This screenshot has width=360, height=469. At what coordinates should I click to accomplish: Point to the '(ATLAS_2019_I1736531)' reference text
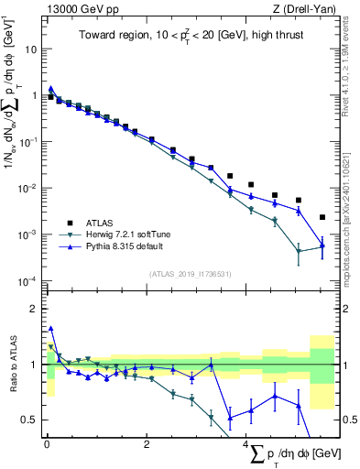(x=191, y=274)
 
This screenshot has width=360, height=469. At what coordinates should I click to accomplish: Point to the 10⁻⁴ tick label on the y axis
(x=27, y=281)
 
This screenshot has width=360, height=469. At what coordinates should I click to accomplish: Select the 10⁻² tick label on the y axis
(x=27, y=188)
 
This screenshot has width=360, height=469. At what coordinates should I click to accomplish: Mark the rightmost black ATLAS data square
(x=322, y=217)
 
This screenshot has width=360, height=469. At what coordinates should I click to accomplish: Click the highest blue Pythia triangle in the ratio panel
(x=50, y=328)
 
